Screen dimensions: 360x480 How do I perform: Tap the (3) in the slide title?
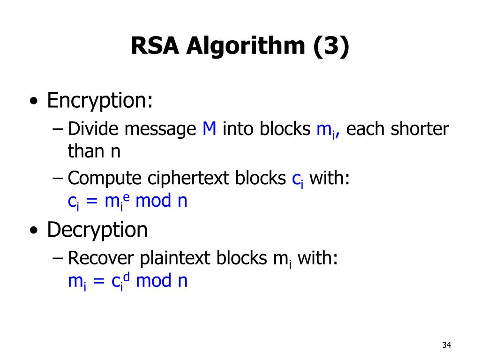click(x=331, y=46)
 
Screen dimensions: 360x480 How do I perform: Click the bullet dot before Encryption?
click(x=33, y=102)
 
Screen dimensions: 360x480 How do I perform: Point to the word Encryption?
click(x=100, y=100)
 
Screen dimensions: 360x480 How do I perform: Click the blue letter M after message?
click(x=209, y=128)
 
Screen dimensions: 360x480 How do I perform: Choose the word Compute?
click(x=105, y=179)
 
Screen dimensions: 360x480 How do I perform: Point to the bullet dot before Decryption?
click(x=33, y=231)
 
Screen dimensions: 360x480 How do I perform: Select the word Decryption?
click(x=97, y=230)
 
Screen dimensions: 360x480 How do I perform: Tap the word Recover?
click(x=101, y=258)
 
